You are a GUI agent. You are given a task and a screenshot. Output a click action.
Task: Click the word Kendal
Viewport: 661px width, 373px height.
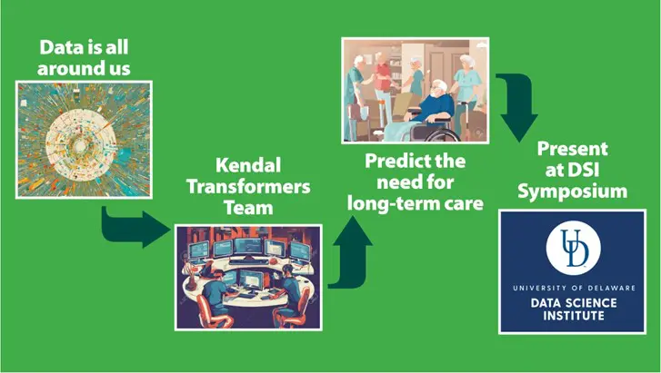(x=248, y=165)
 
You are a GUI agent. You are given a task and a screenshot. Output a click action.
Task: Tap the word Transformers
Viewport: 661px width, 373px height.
(x=248, y=186)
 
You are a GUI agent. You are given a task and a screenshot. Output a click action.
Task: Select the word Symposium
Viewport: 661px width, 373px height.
(x=573, y=192)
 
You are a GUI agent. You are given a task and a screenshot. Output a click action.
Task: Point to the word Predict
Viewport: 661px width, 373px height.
(x=394, y=161)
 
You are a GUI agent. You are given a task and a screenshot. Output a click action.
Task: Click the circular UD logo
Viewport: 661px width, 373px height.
(x=573, y=248)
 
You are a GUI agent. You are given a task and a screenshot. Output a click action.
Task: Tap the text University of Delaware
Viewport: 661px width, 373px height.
(x=574, y=288)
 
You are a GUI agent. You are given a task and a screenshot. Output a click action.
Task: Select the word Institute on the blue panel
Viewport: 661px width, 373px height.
(x=574, y=316)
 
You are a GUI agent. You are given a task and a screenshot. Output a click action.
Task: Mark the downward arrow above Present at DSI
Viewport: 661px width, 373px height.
(x=517, y=105)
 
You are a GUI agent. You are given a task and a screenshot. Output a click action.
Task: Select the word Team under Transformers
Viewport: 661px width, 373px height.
(x=248, y=208)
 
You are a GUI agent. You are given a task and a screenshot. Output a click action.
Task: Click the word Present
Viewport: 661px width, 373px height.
(x=573, y=149)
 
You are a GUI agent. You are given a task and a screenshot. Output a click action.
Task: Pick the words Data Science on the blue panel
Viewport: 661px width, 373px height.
(x=574, y=303)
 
